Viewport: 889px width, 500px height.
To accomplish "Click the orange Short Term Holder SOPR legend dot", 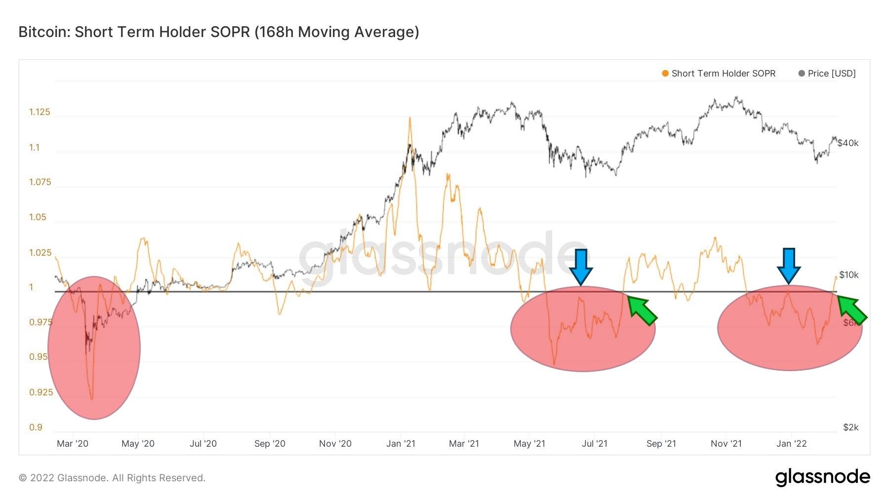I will tap(665, 74).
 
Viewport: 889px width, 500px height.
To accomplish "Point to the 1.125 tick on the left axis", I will tap(40, 112).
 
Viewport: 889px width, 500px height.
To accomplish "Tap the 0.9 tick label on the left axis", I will tap(36, 427).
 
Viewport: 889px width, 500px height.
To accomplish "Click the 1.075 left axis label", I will tap(40, 182).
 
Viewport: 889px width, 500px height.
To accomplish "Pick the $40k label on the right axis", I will tap(848, 143).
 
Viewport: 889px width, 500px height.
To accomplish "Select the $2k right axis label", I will tap(850, 427).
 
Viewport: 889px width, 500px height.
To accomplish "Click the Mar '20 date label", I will tap(73, 444).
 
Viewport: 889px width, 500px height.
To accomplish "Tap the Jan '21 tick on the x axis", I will tap(401, 444).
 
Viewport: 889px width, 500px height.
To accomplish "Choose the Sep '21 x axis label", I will tap(661, 444).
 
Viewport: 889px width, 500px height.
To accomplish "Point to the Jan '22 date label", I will tap(791, 444).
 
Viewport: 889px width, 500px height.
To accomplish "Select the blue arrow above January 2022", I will tap(789, 266).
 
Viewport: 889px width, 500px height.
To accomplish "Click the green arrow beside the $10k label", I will tap(852, 310).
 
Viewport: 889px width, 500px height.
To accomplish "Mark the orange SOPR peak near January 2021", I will tap(409, 118).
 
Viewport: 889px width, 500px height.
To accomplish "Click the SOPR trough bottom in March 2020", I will tap(92, 398).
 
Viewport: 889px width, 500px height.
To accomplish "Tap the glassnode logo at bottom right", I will tap(822, 477).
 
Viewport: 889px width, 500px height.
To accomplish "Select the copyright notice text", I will tap(112, 478).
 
